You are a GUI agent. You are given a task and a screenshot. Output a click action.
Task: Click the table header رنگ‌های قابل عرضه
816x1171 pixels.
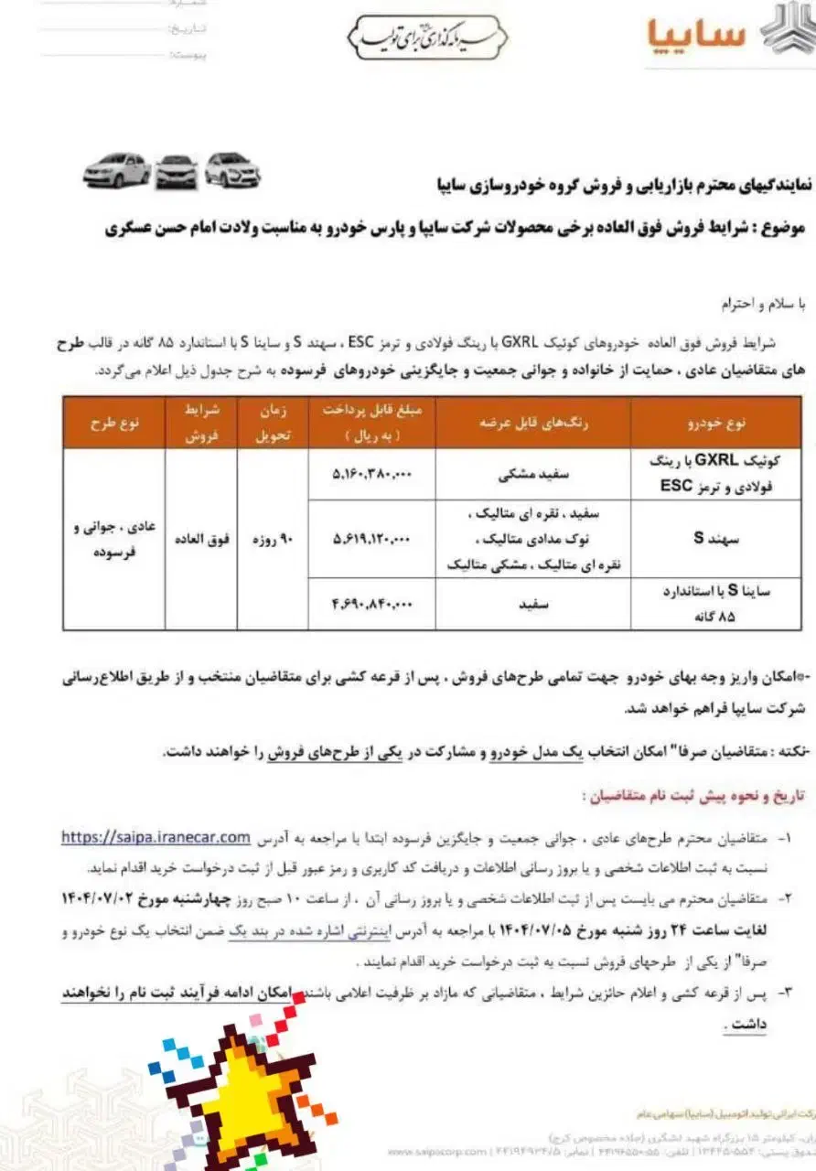pos(532,423)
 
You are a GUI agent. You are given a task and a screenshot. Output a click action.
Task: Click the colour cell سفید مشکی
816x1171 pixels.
pos(532,474)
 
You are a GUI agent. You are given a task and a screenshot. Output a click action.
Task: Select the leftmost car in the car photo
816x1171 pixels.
pos(116,170)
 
